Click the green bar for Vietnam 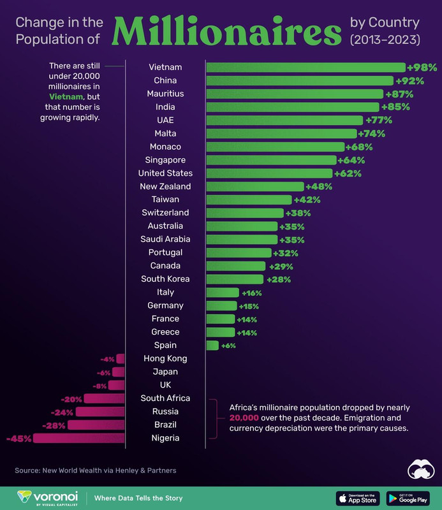(x=305, y=67)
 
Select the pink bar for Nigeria (x=79, y=438)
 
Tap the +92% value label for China (x=409, y=80)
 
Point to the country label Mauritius (x=165, y=94)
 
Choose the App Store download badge (x=357, y=498)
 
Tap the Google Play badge (x=408, y=498)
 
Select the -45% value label (x=18, y=438)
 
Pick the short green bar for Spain (x=212, y=345)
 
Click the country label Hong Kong (x=165, y=358)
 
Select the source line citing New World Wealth (x=96, y=470)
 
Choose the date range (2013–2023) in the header (x=385, y=40)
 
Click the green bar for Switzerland (x=244, y=212)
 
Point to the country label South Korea (x=165, y=279)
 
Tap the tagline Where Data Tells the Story (x=138, y=498)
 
